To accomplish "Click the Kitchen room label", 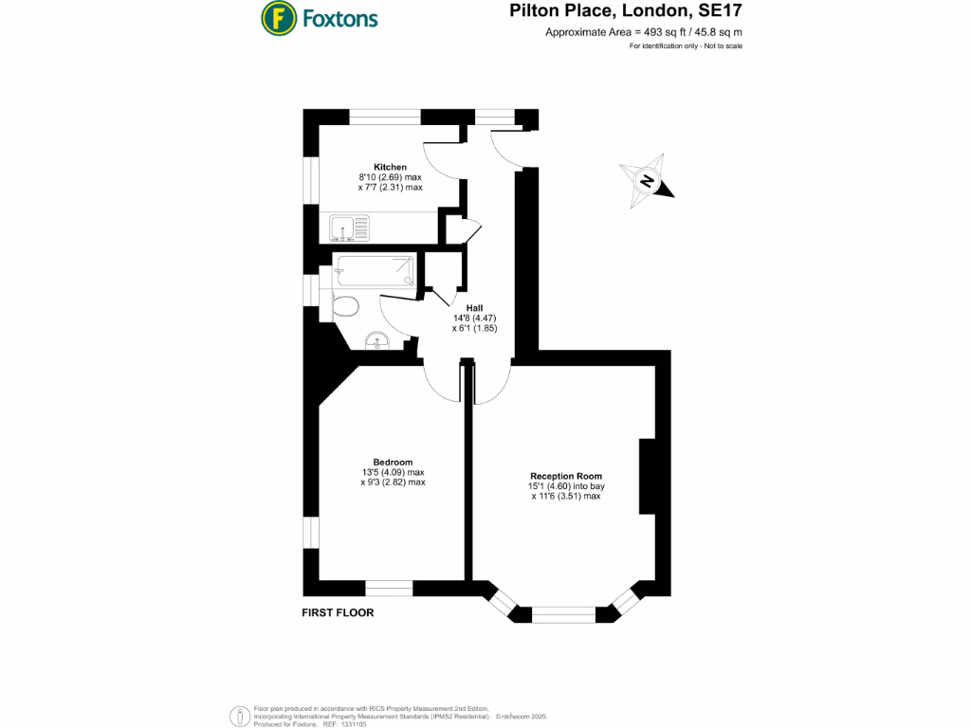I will (x=390, y=167).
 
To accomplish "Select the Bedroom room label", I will (x=393, y=462).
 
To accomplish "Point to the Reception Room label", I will (x=566, y=476).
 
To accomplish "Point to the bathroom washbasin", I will (x=377, y=340).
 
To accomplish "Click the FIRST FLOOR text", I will (x=338, y=612).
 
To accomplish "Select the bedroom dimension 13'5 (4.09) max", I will (x=393, y=472).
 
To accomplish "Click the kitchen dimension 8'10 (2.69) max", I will (x=390, y=177).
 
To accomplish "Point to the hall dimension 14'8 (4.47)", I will (x=475, y=318).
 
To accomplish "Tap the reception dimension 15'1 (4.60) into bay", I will (x=566, y=486).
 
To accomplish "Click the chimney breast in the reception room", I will (x=648, y=477).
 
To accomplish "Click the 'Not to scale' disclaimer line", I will (x=686, y=46).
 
